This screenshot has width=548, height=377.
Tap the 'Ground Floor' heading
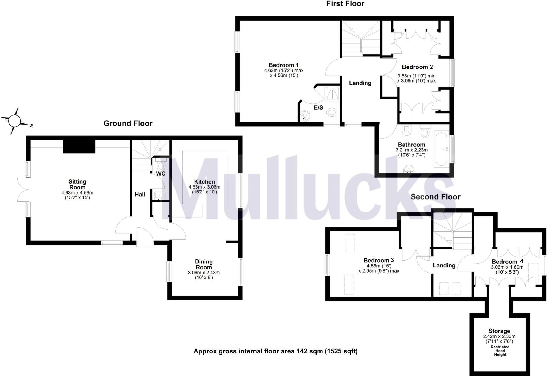click(x=128, y=123)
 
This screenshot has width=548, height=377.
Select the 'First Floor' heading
click(x=345, y=4)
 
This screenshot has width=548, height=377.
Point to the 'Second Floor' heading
click(x=435, y=197)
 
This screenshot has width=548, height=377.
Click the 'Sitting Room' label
click(x=77, y=184)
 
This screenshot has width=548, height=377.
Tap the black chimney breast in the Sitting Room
click(x=79, y=147)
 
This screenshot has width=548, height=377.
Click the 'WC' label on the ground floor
click(x=161, y=174)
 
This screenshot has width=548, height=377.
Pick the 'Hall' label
click(x=140, y=195)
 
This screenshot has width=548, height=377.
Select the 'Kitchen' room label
click(x=204, y=182)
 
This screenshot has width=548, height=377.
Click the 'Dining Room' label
click(x=204, y=264)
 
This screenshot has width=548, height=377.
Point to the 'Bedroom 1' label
click(x=284, y=65)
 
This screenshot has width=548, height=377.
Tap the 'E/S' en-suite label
click(x=318, y=108)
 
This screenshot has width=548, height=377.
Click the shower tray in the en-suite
click(x=332, y=93)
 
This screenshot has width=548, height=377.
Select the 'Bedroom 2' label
click(x=417, y=67)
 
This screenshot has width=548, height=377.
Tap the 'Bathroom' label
click(x=412, y=145)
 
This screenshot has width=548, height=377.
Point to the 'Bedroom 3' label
click(x=379, y=260)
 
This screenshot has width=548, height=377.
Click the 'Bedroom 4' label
click(x=507, y=262)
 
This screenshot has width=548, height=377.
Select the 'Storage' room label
click(x=499, y=331)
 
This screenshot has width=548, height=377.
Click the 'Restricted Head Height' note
click(x=500, y=351)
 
